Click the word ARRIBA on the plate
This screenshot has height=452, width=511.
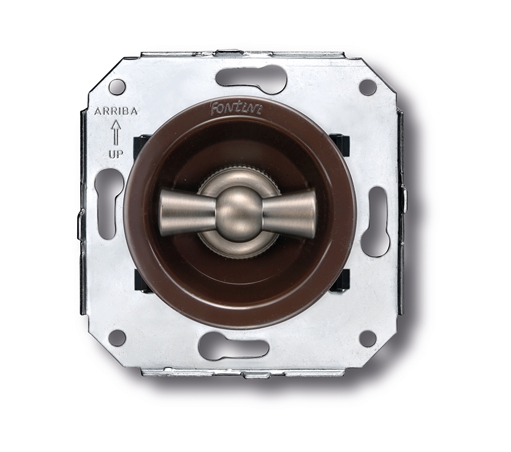(x=112, y=112)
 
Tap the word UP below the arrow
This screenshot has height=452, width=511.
(x=115, y=154)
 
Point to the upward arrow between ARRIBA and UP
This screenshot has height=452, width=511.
(x=115, y=133)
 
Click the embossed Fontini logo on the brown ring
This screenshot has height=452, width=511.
(x=228, y=109)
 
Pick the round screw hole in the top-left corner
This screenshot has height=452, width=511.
(x=117, y=86)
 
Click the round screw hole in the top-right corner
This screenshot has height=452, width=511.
(x=367, y=87)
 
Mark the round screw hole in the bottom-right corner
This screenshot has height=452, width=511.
(x=367, y=339)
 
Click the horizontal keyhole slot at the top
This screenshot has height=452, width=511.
(x=251, y=79)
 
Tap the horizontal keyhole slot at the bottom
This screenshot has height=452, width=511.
(x=233, y=347)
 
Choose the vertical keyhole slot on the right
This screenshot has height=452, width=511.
(x=375, y=221)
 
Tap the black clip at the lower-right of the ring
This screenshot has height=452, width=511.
(x=339, y=279)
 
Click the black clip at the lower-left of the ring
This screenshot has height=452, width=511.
(x=142, y=280)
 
